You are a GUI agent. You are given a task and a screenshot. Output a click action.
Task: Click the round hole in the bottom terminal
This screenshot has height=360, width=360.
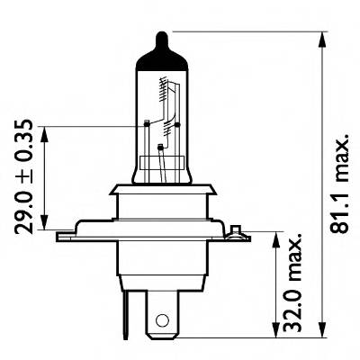(161, 319)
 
